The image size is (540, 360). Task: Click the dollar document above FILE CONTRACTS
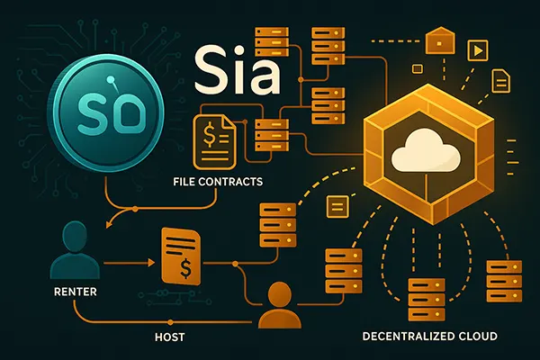pos(213,144)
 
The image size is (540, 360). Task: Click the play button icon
pos(477,47)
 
